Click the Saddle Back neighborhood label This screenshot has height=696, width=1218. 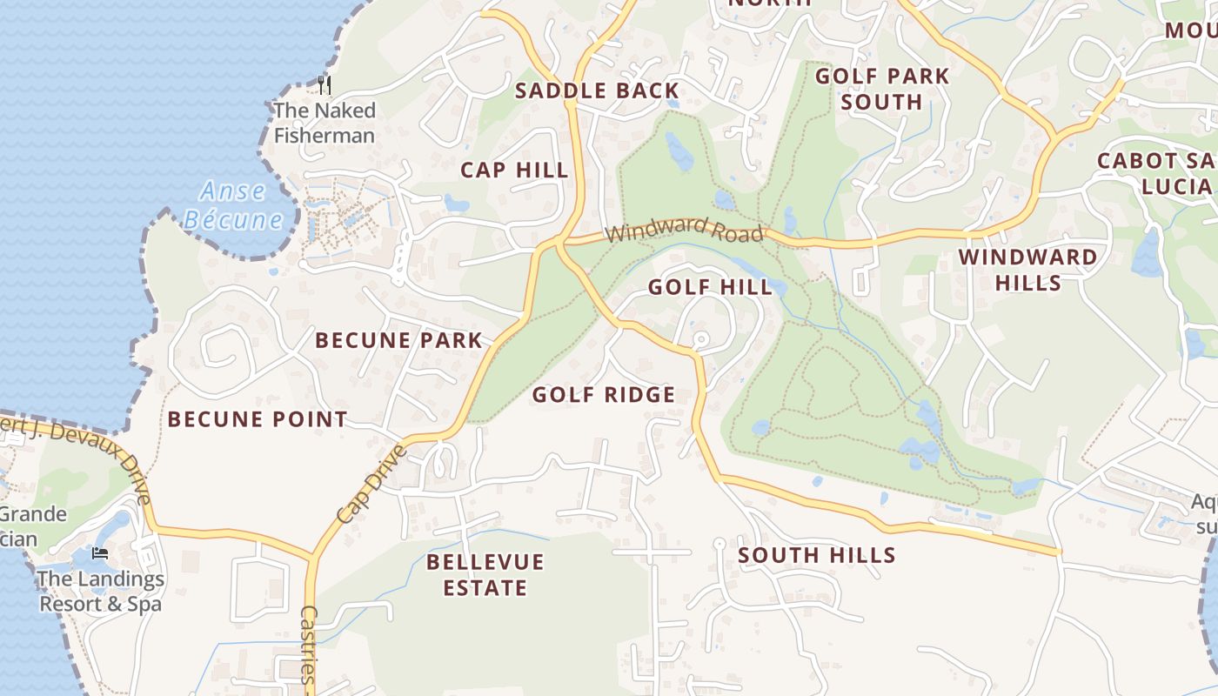pyautogui.click(x=596, y=90)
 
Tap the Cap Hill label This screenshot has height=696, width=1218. pyautogui.click(x=514, y=170)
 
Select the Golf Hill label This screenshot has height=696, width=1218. pyautogui.click(x=710, y=287)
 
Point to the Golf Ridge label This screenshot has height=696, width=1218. pyautogui.click(x=603, y=395)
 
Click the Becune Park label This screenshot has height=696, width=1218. pyautogui.click(x=398, y=340)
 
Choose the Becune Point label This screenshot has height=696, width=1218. pyautogui.click(x=258, y=419)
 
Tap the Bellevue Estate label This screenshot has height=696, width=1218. pyautogui.click(x=485, y=575)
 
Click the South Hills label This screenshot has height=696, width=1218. pyautogui.click(x=817, y=555)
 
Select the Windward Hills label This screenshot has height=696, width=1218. pyautogui.click(x=1027, y=270)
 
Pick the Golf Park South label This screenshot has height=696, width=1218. pyautogui.click(x=881, y=89)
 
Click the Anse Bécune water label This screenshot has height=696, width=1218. pyautogui.click(x=233, y=205)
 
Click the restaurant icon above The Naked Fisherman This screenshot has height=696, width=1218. pyautogui.click(x=325, y=84)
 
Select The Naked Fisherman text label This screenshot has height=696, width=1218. pyautogui.click(x=325, y=123)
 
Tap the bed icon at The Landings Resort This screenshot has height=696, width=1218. pyautogui.click(x=101, y=553)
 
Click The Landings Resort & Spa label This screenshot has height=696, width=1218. pyautogui.click(x=101, y=591)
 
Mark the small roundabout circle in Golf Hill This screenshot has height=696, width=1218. pyautogui.click(x=701, y=338)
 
